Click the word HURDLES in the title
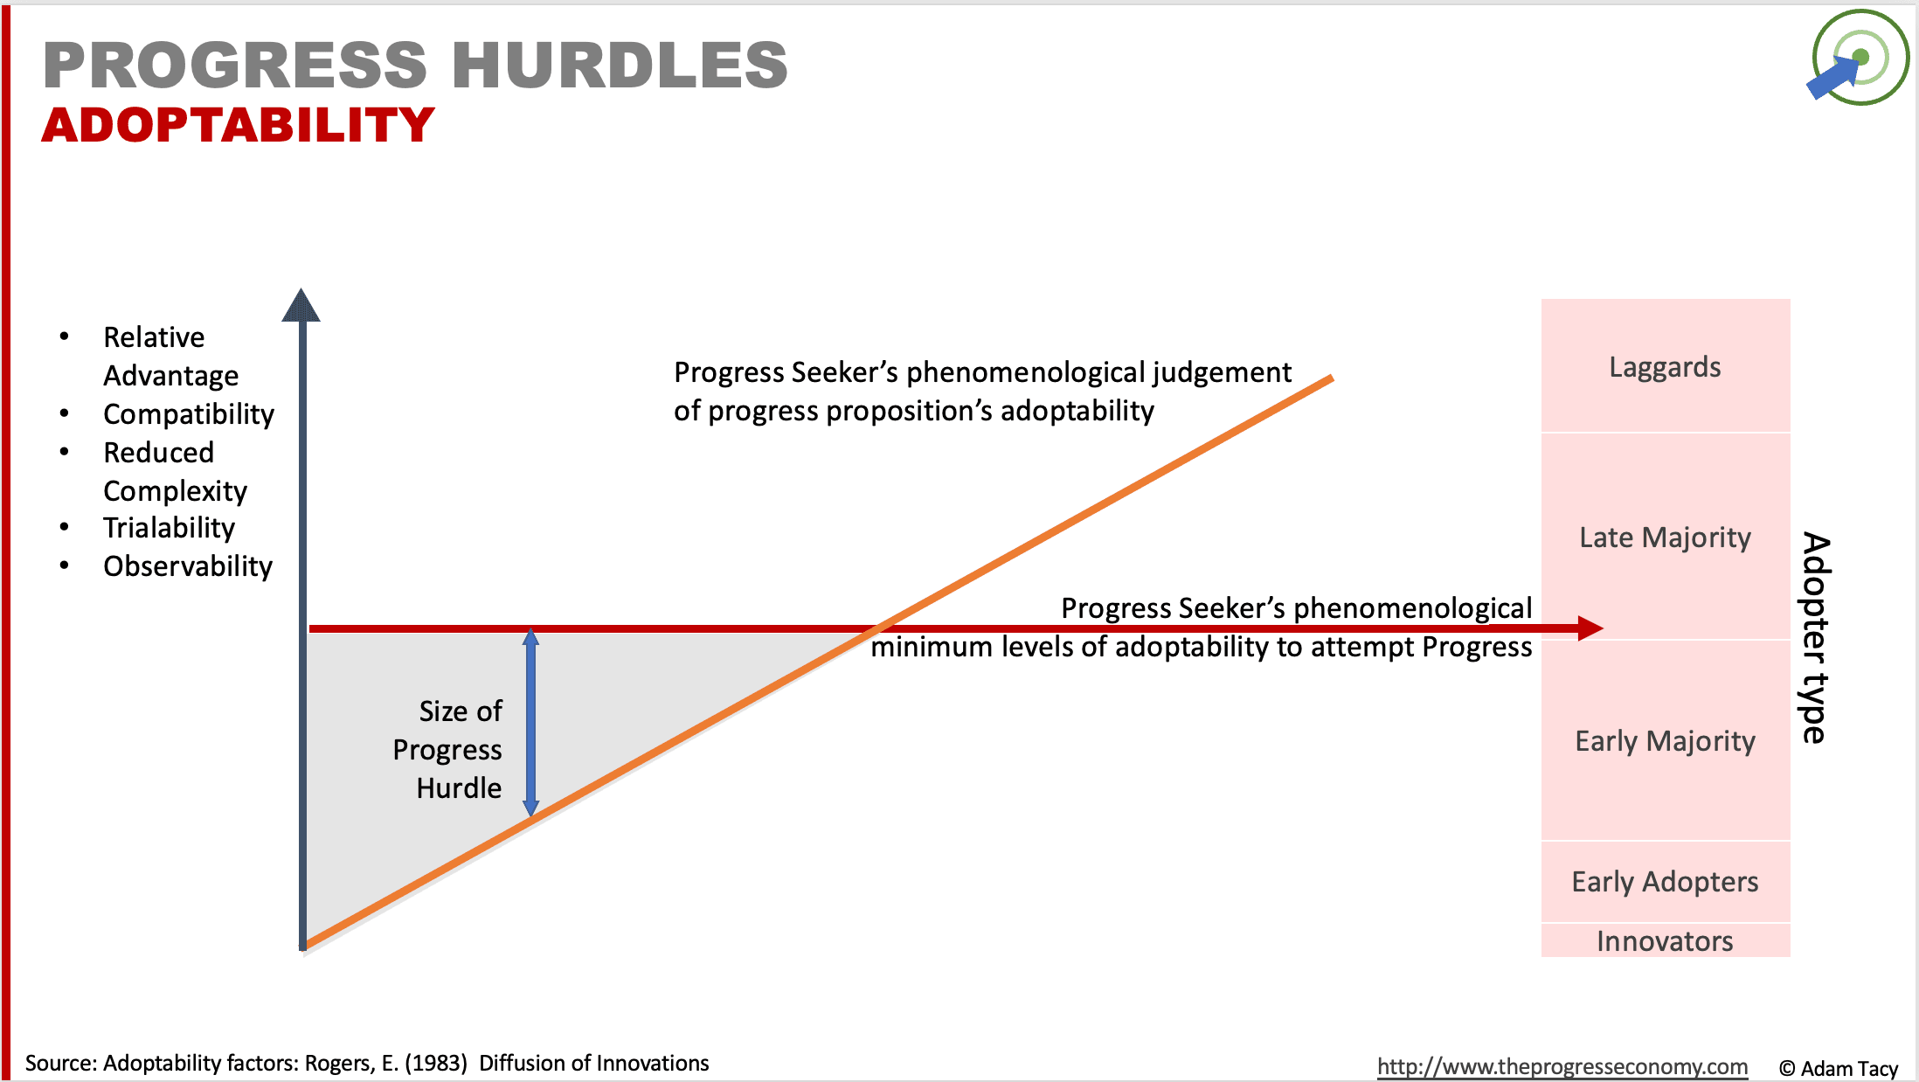(x=620, y=65)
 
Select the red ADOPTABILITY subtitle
(x=238, y=125)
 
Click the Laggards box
(x=1666, y=365)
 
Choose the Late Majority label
(x=1666, y=538)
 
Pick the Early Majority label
(x=1666, y=741)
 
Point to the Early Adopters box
(x=1666, y=881)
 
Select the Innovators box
(x=1666, y=940)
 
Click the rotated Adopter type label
(x=1815, y=638)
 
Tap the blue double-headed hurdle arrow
(x=530, y=723)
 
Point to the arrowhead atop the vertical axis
(x=301, y=305)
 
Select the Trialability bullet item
(x=169, y=528)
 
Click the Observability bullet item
(x=188, y=566)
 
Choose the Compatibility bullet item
(x=189, y=414)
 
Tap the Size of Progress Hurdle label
(x=447, y=750)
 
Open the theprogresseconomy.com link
(x=1562, y=1066)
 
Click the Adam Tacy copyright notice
(x=1839, y=1069)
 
